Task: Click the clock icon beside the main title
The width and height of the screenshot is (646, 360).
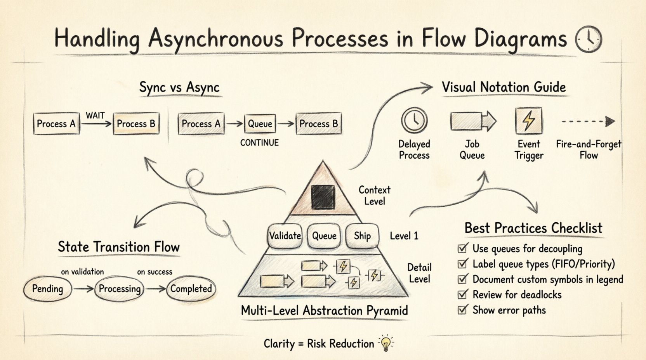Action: coord(588,39)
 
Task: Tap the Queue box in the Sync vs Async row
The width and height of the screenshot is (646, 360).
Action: coord(260,124)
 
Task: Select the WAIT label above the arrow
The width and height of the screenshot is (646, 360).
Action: coord(95,115)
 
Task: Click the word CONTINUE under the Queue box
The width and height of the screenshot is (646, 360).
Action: coord(259,143)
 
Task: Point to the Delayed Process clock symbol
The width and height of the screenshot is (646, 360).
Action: coord(414,120)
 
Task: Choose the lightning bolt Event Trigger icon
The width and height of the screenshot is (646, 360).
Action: coord(528,121)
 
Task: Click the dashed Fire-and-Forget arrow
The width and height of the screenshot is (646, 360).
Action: coord(588,121)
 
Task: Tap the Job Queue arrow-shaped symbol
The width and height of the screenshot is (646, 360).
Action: coord(473,121)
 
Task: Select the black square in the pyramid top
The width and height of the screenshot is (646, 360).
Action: coord(323,197)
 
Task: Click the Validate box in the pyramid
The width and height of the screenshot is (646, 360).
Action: coord(285,235)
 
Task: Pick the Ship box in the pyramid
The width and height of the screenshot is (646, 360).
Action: coord(362,235)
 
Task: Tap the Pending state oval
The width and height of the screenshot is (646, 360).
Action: coord(48,289)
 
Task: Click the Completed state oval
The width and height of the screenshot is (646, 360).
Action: coord(191,289)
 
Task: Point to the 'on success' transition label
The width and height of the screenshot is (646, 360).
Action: coord(155,272)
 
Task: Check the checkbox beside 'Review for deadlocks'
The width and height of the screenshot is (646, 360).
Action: coord(462,294)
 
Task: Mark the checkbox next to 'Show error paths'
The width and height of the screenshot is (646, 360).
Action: coord(462,310)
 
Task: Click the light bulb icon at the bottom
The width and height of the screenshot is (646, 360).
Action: coord(386,343)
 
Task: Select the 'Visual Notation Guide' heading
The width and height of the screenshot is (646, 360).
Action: coord(504,87)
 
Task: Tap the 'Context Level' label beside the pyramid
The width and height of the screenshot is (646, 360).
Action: coord(374,196)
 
